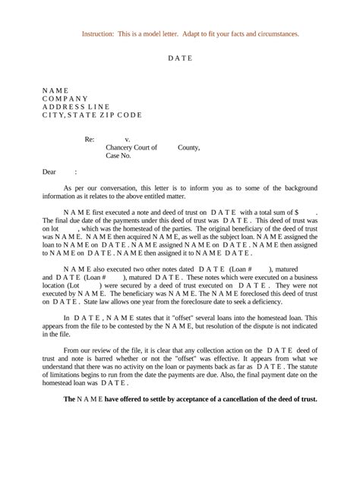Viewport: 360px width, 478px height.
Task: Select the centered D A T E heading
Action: [180, 58]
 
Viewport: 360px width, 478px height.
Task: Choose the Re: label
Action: [89, 140]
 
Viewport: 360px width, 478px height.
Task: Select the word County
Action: [188, 148]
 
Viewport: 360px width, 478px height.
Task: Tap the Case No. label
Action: [118, 156]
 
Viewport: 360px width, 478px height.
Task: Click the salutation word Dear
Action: [49, 172]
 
